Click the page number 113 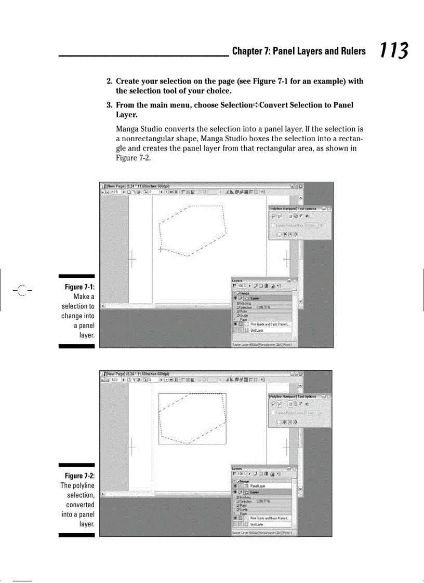pyautogui.click(x=393, y=51)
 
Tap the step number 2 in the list pyautogui.click(x=109, y=82)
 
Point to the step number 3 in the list pyautogui.click(x=109, y=105)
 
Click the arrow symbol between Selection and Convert pyautogui.click(x=255, y=105)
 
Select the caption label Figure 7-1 pyautogui.click(x=79, y=288)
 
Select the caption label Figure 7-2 pyautogui.click(x=79, y=476)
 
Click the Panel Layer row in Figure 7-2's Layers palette pyautogui.click(x=258, y=486)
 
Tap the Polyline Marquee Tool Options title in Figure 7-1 pyautogui.click(x=293, y=209)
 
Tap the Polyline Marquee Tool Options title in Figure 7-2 pyautogui.click(x=293, y=397)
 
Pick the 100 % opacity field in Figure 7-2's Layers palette pyautogui.click(x=242, y=473)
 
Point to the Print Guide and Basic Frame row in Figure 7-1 pyautogui.click(x=270, y=324)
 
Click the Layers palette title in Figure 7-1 pyautogui.click(x=237, y=280)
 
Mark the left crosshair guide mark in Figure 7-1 pyautogui.click(x=131, y=258)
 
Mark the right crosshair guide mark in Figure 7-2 pyautogui.click(x=285, y=446)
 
